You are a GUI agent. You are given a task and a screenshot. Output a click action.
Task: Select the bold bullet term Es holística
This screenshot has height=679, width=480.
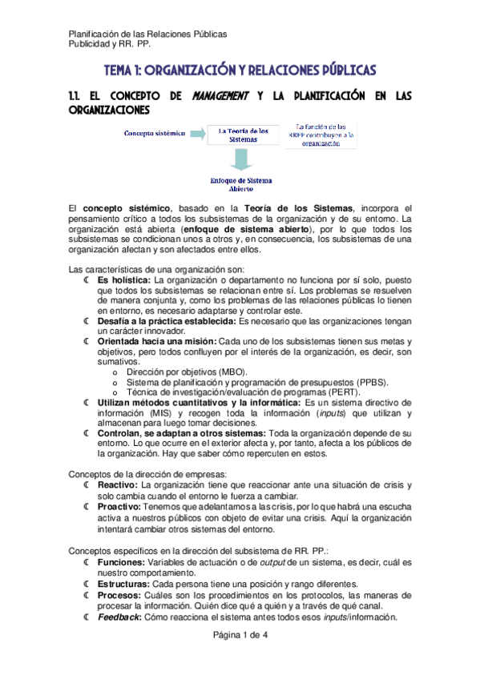click(124, 279)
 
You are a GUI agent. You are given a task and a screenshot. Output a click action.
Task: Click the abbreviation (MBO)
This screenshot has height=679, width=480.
click(230, 373)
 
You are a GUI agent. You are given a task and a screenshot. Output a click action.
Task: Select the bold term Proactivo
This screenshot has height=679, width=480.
click(119, 507)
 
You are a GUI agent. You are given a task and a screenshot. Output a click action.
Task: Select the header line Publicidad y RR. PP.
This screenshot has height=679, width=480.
click(105, 45)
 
